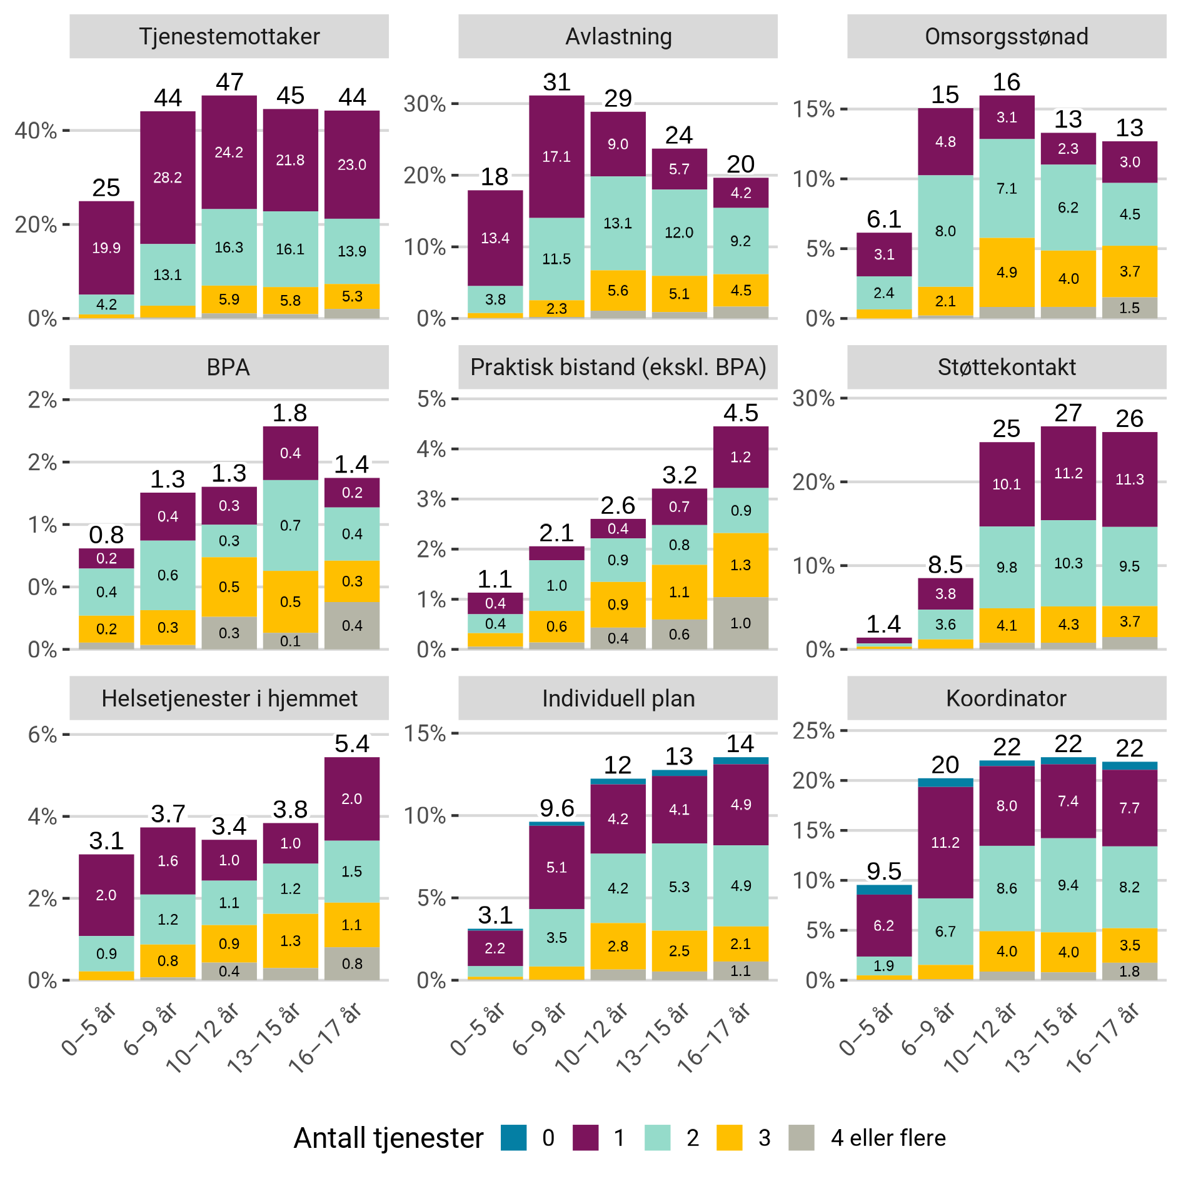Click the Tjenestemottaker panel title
[229, 36]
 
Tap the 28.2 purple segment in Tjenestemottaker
[168, 178]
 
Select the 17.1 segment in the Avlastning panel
[556, 156]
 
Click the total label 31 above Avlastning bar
[556, 82]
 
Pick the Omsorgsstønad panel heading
[1007, 36]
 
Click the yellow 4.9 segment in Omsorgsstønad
[1007, 273]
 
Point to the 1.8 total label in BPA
[290, 413]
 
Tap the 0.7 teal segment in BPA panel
[290, 525]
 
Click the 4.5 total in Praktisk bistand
[741, 413]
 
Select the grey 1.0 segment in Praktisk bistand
[741, 623]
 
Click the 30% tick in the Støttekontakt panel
[813, 398]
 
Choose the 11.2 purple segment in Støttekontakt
[1068, 473]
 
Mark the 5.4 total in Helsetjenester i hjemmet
[352, 744]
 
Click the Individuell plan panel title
[618, 698]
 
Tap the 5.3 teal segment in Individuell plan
[679, 887]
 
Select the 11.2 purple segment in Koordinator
[945, 843]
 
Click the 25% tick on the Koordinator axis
[813, 730]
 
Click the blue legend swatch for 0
[514, 1138]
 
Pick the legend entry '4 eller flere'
[888, 1138]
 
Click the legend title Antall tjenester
[388, 1138]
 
